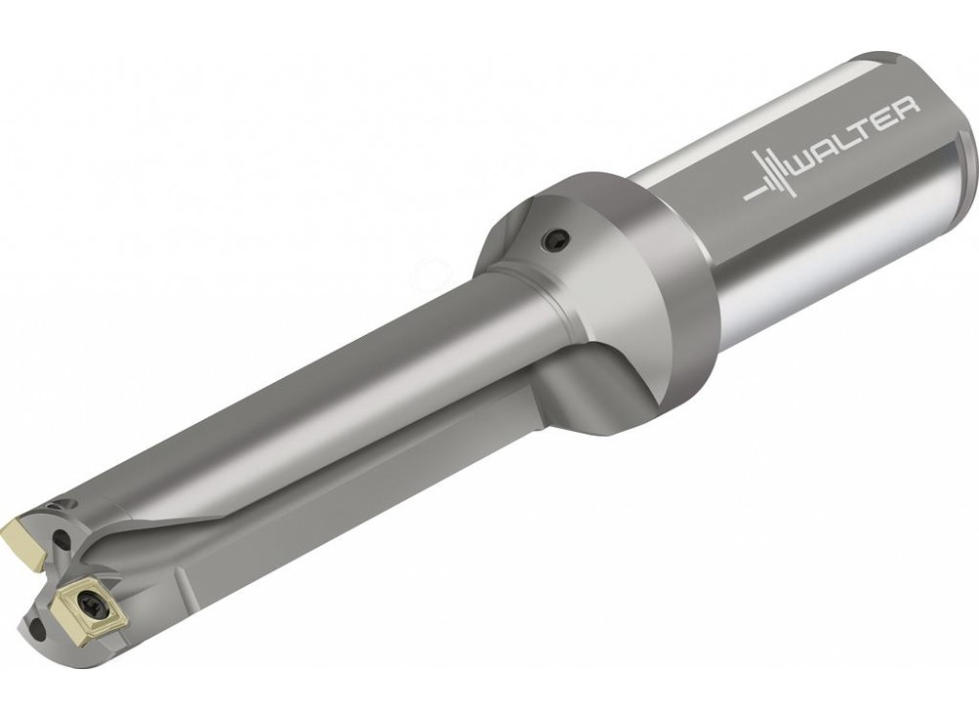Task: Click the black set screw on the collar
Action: coord(556,239)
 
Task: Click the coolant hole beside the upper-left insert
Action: coord(60,539)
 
